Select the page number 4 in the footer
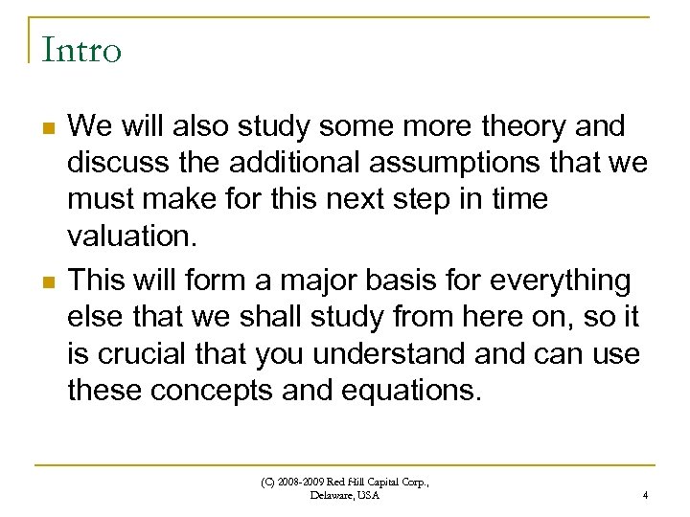[x=645, y=495]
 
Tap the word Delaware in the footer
[x=330, y=495]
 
